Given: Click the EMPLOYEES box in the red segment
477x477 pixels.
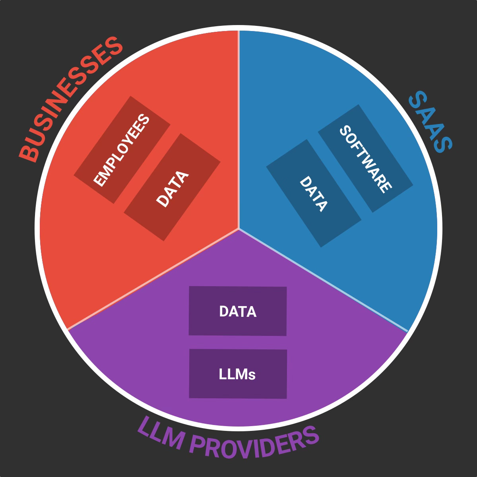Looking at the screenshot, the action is click(x=122, y=149).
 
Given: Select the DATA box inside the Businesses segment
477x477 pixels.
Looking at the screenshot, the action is click(x=172, y=187).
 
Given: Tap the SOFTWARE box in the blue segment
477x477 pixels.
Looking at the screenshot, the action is click(x=366, y=158).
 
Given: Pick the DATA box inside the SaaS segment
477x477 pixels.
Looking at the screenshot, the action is click(x=314, y=194).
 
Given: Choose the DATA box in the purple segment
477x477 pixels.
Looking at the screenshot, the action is click(x=238, y=311).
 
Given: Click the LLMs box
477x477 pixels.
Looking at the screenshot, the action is click(x=238, y=374).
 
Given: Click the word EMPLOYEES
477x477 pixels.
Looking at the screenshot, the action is click(x=122, y=150).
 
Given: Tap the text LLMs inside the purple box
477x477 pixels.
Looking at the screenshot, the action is click(x=237, y=374).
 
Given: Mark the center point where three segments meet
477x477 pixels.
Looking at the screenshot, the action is click(x=238, y=229).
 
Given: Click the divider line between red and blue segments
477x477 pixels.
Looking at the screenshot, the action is click(x=238, y=131).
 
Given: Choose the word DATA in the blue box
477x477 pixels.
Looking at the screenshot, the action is click(x=313, y=194).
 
